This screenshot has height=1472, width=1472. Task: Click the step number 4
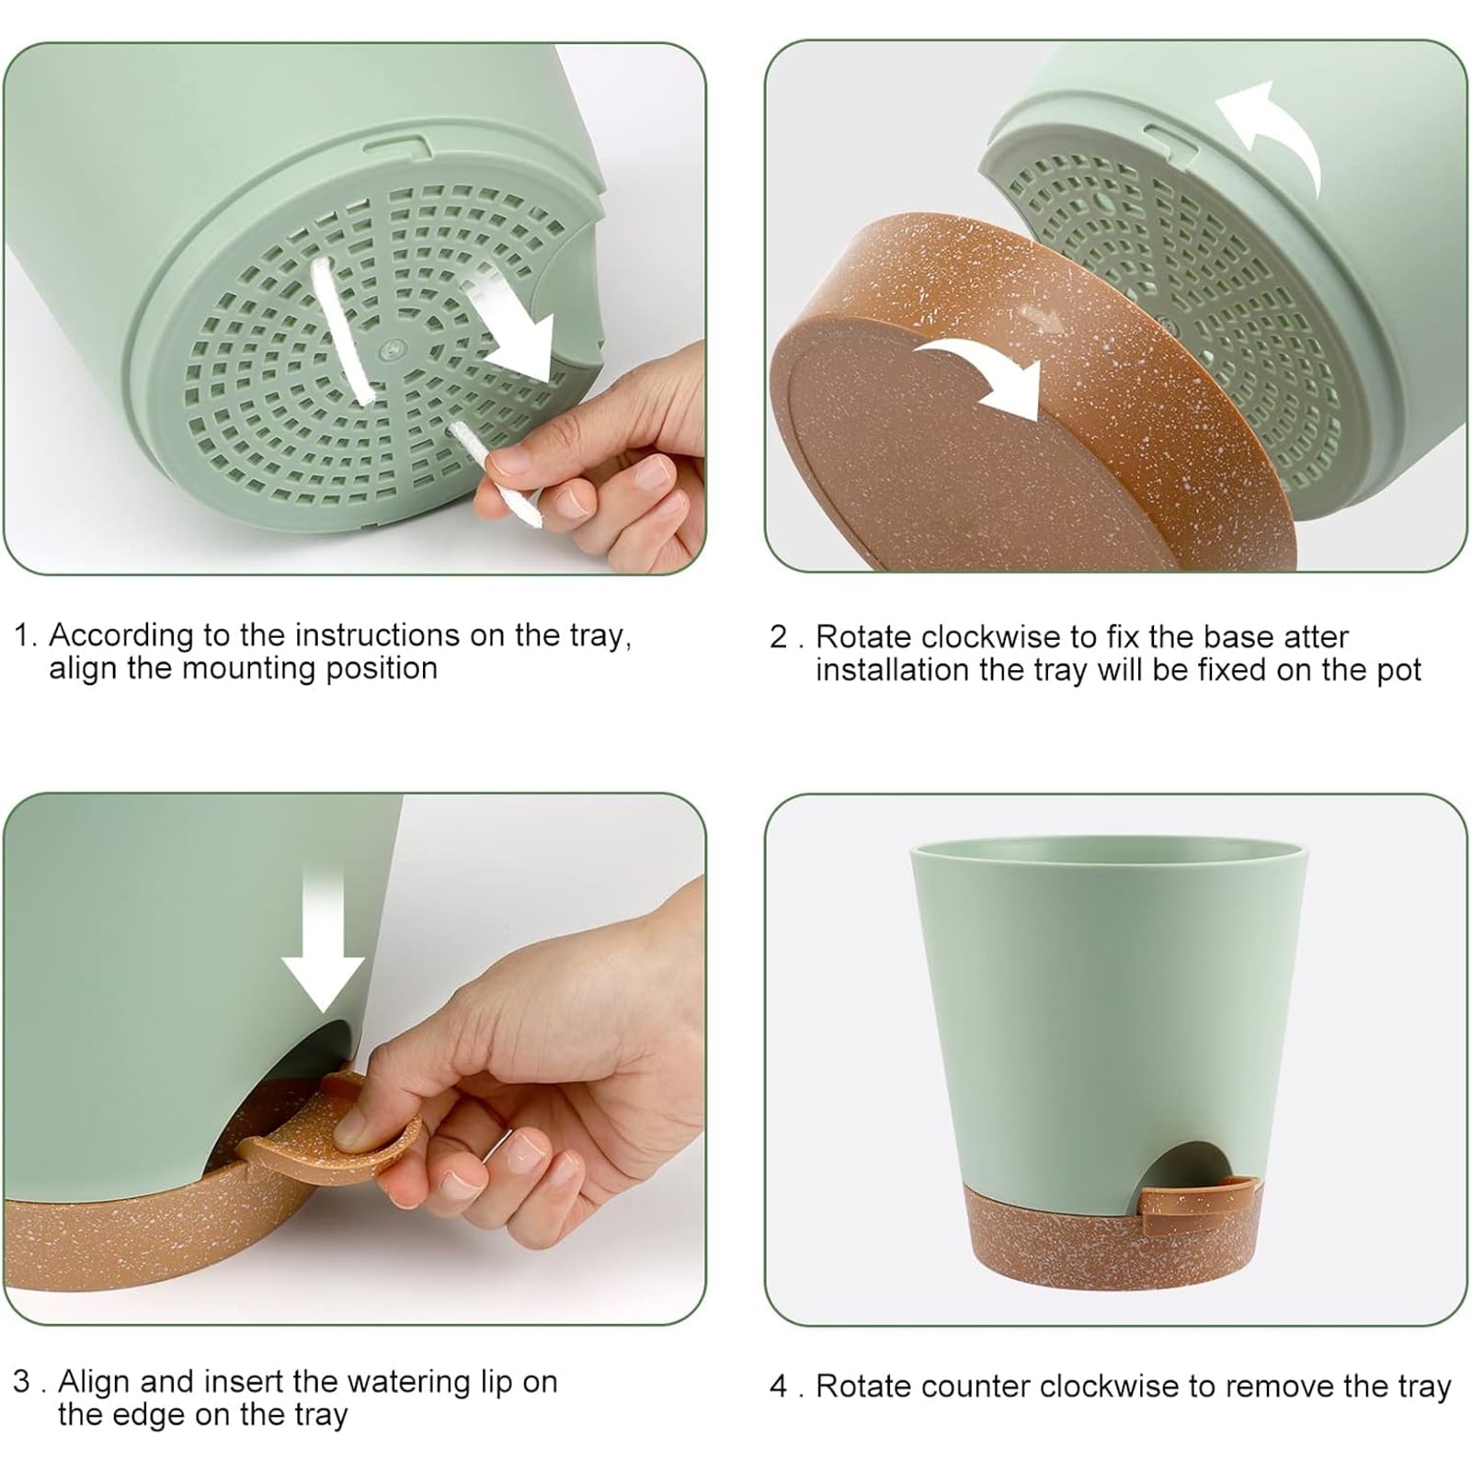pyautogui.click(x=779, y=1386)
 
